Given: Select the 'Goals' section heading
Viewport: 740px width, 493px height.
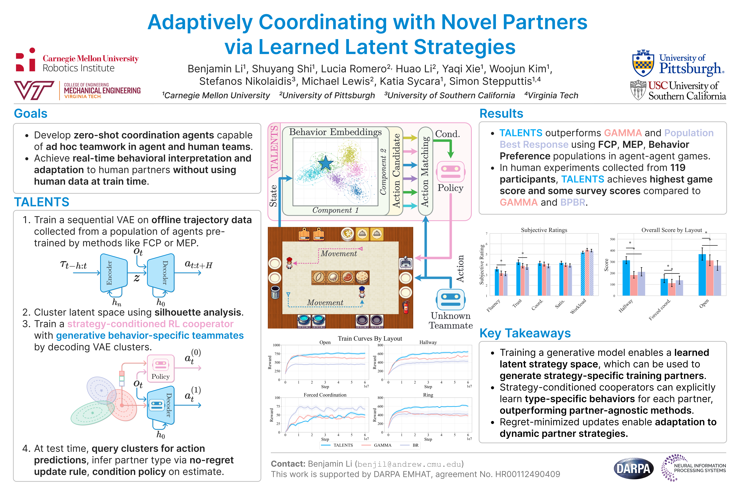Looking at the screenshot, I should (30, 113).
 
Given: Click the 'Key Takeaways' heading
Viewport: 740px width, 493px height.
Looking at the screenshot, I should (525, 333).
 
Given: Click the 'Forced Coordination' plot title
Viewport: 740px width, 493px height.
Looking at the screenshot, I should (325, 395).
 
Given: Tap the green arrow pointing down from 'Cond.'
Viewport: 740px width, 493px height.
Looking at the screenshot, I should (451, 148).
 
